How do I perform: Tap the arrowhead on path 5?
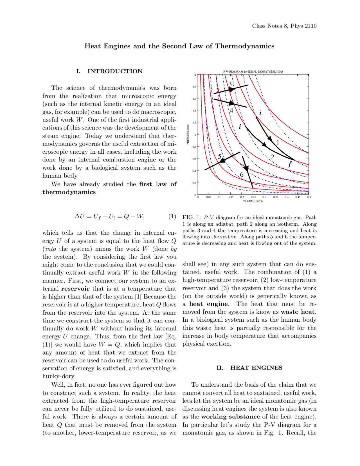click(222, 160)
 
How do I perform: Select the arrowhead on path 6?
click(246, 168)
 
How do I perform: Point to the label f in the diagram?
click(290, 164)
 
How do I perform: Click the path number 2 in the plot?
click(272, 157)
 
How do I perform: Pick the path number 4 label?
click(231, 111)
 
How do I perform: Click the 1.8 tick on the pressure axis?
click(194, 87)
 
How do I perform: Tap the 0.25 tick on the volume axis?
click(253, 197)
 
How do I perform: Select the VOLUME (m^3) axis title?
click(253, 201)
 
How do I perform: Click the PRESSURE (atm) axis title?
click(188, 134)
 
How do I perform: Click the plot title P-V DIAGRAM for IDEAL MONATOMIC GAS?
click(253, 71)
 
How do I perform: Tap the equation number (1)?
click(172, 216)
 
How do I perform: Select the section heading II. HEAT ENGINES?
click(249, 368)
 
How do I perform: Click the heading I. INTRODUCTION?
click(109, 71)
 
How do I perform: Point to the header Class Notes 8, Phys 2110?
click(284, 26)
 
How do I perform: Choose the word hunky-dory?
click(59, 376)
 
